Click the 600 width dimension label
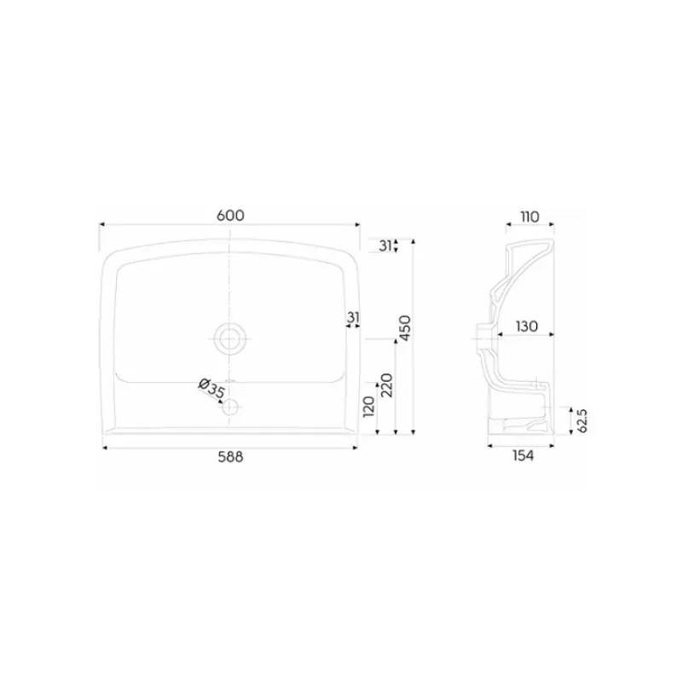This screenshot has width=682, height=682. [x=230, y=216]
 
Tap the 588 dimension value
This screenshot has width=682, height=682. [x=230, y=457]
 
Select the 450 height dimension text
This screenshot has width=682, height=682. [x=405, y=328]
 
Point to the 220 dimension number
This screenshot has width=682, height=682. [x=387, y=385]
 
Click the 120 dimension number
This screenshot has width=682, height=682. [x=369, y=407]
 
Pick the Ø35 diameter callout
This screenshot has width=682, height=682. [x=211, y=389]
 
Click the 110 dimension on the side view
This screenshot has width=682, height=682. [x=529, y=217]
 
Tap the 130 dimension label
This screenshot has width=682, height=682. [x=527, y=327]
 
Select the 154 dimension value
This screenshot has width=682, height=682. [x=523, y=455]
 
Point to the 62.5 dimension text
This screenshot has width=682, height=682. [x=582, y=420]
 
